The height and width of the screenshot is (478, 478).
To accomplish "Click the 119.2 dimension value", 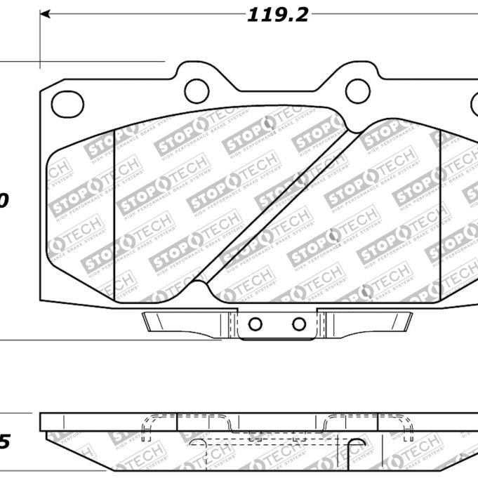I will [277, 15].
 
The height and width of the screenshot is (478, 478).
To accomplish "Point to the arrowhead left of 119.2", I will [46, 14].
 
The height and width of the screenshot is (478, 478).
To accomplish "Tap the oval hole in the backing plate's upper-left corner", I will [68, 105].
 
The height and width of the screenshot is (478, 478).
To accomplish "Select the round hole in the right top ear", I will [358, 87].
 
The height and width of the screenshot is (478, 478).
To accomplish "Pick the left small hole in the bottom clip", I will [256, 324].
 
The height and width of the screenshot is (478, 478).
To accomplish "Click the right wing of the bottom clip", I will [372, 322].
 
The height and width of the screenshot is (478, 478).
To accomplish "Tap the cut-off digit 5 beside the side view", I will [4, 442].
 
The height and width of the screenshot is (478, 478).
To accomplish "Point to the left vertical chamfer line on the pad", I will [114, 211].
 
